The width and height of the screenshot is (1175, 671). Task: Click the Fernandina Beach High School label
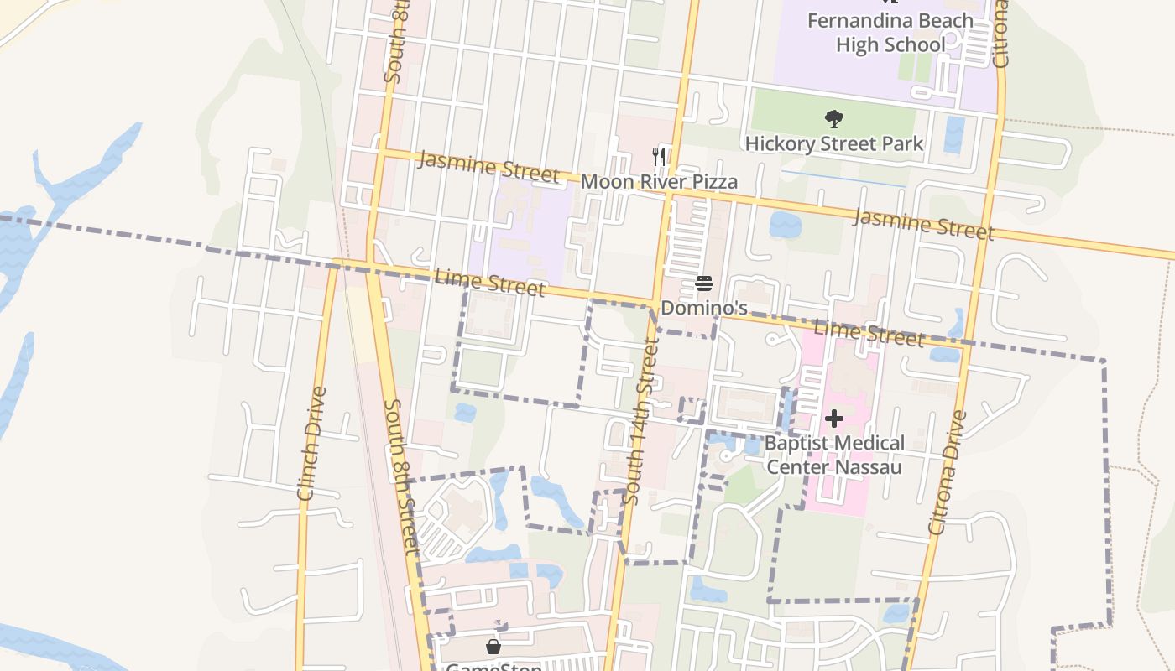click(x=890, y=32)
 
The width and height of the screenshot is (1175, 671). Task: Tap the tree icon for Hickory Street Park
click(x=833, y=118)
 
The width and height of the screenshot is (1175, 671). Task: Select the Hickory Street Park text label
click(x=833, y=143)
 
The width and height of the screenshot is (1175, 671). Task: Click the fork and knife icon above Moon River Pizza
click(x=660, y=156)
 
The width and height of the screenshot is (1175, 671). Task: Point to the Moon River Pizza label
click(x=659, y=181)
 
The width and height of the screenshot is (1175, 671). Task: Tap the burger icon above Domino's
click(x=703, y=283)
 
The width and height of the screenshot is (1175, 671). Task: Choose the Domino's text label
click(x=703, y=308)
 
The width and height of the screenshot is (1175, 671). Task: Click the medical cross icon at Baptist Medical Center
click(x=833, y=418)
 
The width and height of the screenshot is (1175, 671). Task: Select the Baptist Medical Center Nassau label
click(x=833, y=454)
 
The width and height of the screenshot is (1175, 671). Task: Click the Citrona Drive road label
click(x=948, y=472)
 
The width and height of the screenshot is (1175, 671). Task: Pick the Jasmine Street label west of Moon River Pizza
click(x=488, y=166)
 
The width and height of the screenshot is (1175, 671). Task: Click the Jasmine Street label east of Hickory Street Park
click(x=923, y=224)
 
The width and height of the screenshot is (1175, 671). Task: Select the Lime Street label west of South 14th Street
click(x=490, y=282)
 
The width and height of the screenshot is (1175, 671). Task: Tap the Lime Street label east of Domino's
click(x=869, y=333)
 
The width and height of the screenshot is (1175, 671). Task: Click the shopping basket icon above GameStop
click(x=493, y=646)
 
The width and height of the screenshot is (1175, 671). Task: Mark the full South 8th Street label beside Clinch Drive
click(x=400, y=476)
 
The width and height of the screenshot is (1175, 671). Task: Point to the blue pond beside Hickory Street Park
click(x=953, y=134)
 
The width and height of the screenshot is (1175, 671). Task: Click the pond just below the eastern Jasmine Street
click(x=786, y=224)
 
